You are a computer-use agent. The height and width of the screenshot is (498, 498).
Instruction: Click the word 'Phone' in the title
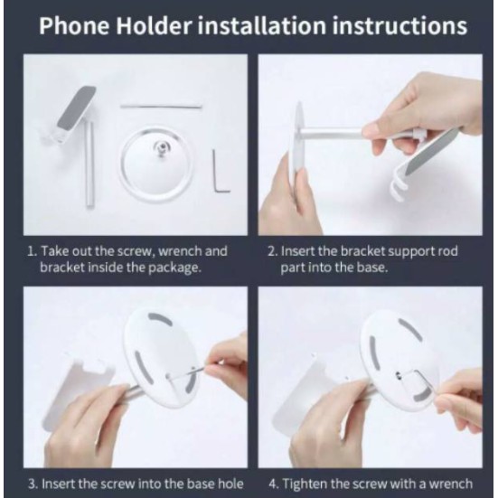[74, 25]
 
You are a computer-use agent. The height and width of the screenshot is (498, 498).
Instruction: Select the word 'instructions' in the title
[399, 25]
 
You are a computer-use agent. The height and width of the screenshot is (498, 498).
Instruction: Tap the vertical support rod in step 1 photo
[89, 165]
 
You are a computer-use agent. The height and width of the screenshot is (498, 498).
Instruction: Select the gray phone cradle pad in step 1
[79, 109]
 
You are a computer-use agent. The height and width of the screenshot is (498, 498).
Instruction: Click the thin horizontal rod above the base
[161, 106]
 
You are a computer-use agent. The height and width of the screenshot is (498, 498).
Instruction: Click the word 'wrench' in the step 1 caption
[180, 251]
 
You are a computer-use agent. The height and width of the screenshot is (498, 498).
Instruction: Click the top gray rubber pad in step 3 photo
[160, 319]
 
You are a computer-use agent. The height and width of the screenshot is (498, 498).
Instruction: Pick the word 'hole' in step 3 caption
[230, 484]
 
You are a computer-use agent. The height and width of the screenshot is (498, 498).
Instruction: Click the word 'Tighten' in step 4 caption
[305, 484]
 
